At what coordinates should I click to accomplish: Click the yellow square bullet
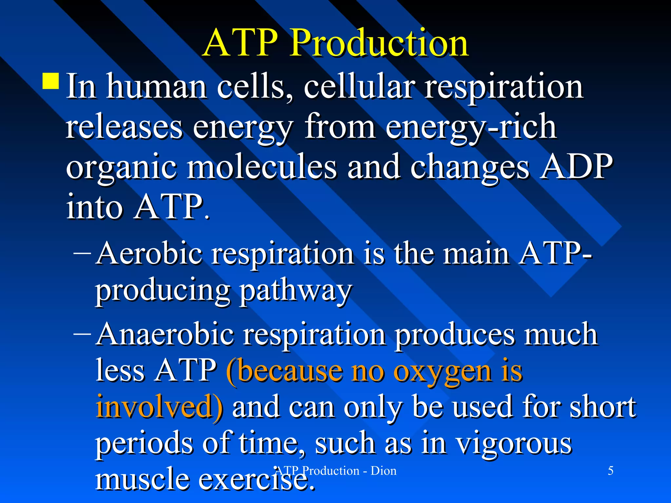[51, 81]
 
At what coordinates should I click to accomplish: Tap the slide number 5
[610, 471]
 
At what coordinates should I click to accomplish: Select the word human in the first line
[156, 87]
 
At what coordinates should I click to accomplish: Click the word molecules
[262, 167]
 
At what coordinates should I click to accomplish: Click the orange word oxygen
[442, 372]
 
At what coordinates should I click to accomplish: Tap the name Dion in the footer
[383, 471]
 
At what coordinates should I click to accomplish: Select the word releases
[124, 127]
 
